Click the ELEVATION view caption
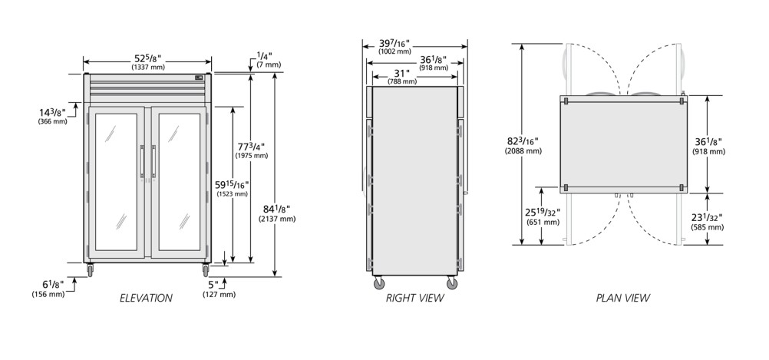146,298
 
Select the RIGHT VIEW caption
414,298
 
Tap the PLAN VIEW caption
623,298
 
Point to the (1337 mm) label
148,68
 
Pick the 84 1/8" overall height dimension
276,209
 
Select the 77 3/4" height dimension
251,146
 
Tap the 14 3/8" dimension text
52,112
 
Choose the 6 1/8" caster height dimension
52,285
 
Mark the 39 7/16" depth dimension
394,43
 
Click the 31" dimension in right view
401,73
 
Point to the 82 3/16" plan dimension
523,141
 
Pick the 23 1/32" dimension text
707,217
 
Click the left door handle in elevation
142,161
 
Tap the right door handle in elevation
153,161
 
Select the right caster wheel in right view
452,282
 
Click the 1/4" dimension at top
265,55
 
